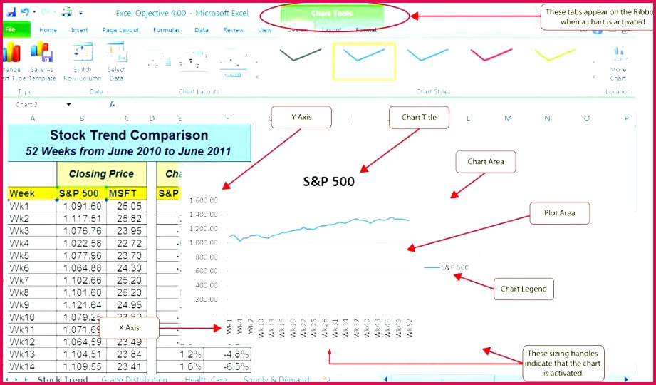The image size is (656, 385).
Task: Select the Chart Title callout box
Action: click(419, 118)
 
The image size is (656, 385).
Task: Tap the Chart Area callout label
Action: click(485, 162)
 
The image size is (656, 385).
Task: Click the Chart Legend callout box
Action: click(524, 289)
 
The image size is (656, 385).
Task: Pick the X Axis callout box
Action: click(129, 328)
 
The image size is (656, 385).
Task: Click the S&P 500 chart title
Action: click(328, 181)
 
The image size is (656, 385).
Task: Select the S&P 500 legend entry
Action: click(447, 267)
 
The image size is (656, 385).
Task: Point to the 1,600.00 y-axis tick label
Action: click(203, 200)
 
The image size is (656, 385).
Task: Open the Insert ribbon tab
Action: click(80, 30)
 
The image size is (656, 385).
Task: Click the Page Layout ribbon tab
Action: click(120, 30)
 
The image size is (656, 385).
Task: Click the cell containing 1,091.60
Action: click(82, 206)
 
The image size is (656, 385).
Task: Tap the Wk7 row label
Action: click(19, 280)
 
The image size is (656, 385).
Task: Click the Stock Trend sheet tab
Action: click(63, 380)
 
